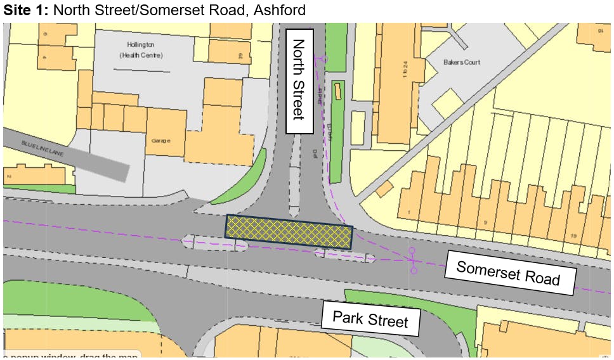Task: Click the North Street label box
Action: (299, 81)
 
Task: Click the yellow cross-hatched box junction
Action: (289, 231)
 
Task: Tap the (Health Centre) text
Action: (141, 56)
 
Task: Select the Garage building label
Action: (161, 141)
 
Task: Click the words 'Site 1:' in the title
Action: (25, 10)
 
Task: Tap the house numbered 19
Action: (574, 236)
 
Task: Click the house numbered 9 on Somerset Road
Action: (485, 222)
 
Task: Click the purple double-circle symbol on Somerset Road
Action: (413, 260)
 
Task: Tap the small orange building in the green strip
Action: (337, 91)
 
